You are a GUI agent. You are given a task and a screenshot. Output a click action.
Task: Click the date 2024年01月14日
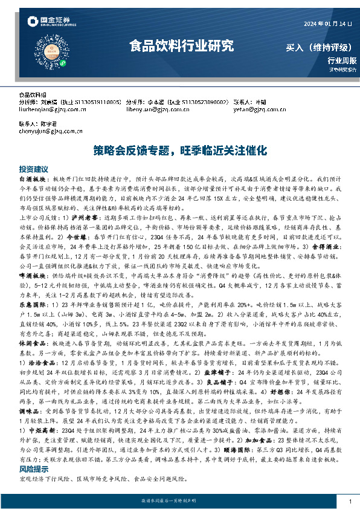329,24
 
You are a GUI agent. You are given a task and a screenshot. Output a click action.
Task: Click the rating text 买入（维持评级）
321,47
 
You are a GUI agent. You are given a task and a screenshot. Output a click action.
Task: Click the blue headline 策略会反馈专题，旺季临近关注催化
179,151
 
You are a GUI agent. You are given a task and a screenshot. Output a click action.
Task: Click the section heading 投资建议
33,169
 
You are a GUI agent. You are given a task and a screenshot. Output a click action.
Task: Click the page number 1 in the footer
350,502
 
